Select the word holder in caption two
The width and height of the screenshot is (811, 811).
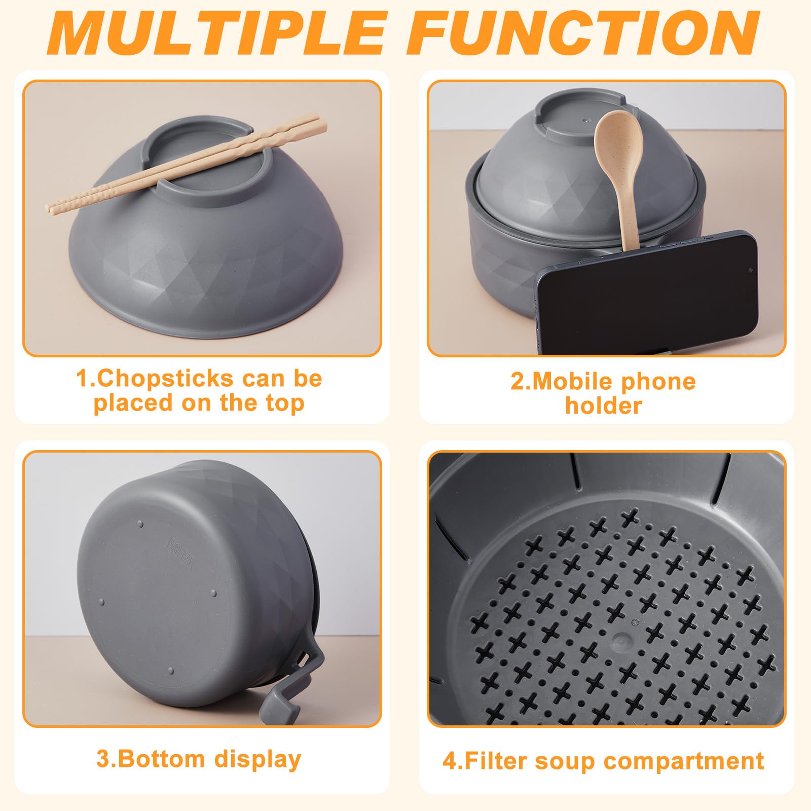click(604, 405)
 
